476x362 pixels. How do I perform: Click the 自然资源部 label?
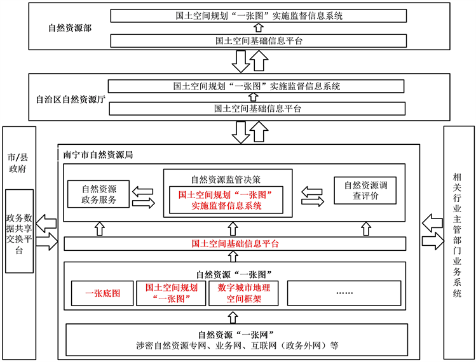point(69,29)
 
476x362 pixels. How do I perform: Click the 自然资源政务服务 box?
point(99,194)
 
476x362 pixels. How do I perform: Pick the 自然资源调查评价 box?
point(365,191)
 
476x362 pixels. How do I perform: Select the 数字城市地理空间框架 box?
point(243,294)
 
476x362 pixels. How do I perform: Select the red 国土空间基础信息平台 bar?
point(235,243)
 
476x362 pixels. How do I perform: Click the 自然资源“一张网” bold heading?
point(235,335)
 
